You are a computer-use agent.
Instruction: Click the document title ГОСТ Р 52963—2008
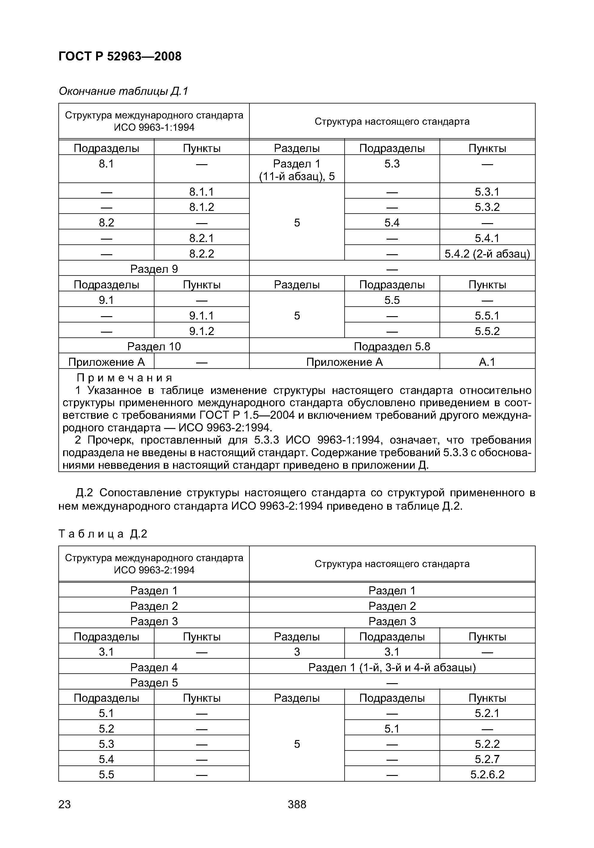(x=120, y=57)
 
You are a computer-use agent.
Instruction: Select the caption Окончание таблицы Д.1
(x=123, y=91)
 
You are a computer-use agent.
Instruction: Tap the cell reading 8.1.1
(x=201, y=191)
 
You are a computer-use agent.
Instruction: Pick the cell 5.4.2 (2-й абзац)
(x=487, y=253)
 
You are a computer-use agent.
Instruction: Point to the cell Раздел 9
(x=154, y=269)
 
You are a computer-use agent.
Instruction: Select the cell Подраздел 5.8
(x=392, y=346)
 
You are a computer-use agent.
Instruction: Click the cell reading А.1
(x=487, y=362)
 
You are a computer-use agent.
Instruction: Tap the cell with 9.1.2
(x=201, y=331)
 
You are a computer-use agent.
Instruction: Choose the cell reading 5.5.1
(x=487, y=315)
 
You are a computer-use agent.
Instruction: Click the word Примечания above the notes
(x=125, y=378)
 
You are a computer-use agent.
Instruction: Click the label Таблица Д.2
(x=103, y=534)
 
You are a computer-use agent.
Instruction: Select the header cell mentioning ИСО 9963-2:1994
(x=154, y=564)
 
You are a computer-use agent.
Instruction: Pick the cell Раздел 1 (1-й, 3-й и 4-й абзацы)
(x=392, y=667)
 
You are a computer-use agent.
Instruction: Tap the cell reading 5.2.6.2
(x=487, y=774)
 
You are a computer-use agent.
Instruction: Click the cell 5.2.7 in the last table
(x=487, y=759)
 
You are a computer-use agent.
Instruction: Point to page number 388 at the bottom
(x=297, y=804)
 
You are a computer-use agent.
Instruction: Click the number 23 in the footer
(x=65, y=804)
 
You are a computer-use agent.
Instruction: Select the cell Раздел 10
(x=154, y=346)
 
